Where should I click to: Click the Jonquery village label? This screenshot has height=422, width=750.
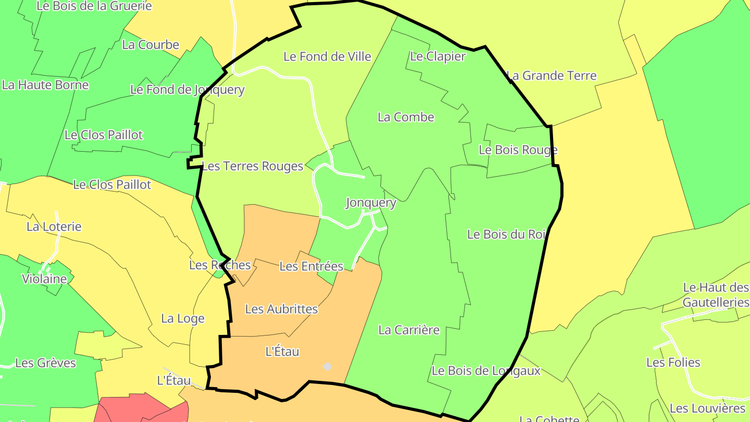[x=371, y=203]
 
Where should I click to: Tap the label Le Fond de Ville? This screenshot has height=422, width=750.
[x=327, y=56]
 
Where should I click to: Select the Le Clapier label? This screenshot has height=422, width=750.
[x=438, y=56]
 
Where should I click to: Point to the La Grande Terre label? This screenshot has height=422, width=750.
[x=552, y=76]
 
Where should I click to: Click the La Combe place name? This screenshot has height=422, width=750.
[x=406, y=117]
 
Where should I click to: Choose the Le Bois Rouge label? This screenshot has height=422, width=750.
[x=518, y=150]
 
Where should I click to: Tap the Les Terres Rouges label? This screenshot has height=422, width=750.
[x=252, y=166]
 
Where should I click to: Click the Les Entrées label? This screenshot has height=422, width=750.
[x=311, y=266]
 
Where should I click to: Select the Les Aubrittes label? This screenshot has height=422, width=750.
[x=281, y=309]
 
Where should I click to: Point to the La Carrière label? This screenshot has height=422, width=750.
[x=409, y=330]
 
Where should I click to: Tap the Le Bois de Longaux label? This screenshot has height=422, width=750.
[x=486, y=371]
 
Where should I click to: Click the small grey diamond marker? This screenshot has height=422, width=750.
[x=327, y=367]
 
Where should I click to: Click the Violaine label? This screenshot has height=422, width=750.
[x=44, y=279]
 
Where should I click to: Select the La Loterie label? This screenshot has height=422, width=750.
[x=54, y=227]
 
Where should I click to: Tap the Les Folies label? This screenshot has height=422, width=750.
[x=673, y=362]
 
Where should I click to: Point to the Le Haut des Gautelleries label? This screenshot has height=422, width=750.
[x=716, y=295]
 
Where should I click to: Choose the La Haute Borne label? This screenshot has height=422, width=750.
[x=45, y=85]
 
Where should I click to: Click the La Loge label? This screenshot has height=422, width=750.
[x=183, y=318]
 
